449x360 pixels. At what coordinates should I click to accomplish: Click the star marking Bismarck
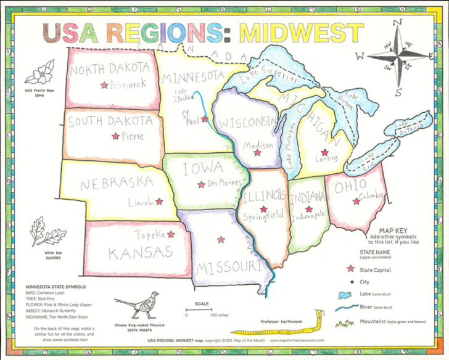[x=104, y=85]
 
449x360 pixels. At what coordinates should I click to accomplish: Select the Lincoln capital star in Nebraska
[x=159, y=202]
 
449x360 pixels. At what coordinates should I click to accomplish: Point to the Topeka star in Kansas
[x=171, y=235]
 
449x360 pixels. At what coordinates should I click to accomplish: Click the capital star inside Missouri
[x=221, y=240]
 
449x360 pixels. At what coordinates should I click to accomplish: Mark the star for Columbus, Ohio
[x=355, y=201]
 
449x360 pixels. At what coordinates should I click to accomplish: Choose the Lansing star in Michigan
[x=324, y=152]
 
